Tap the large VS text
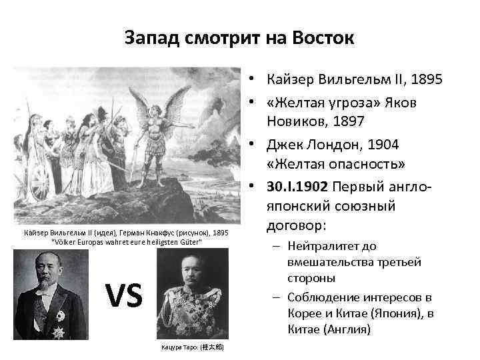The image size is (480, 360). click(125, 295)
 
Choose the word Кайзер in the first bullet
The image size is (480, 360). click(287, 81)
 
